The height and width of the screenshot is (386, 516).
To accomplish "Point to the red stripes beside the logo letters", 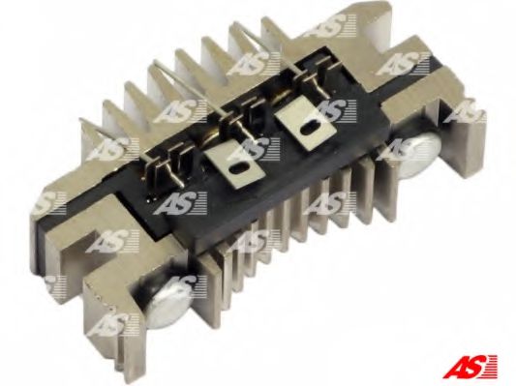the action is [491, 366].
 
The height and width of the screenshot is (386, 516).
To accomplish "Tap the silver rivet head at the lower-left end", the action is [167, 303].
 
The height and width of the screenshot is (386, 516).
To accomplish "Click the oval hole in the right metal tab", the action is [310, 129].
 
